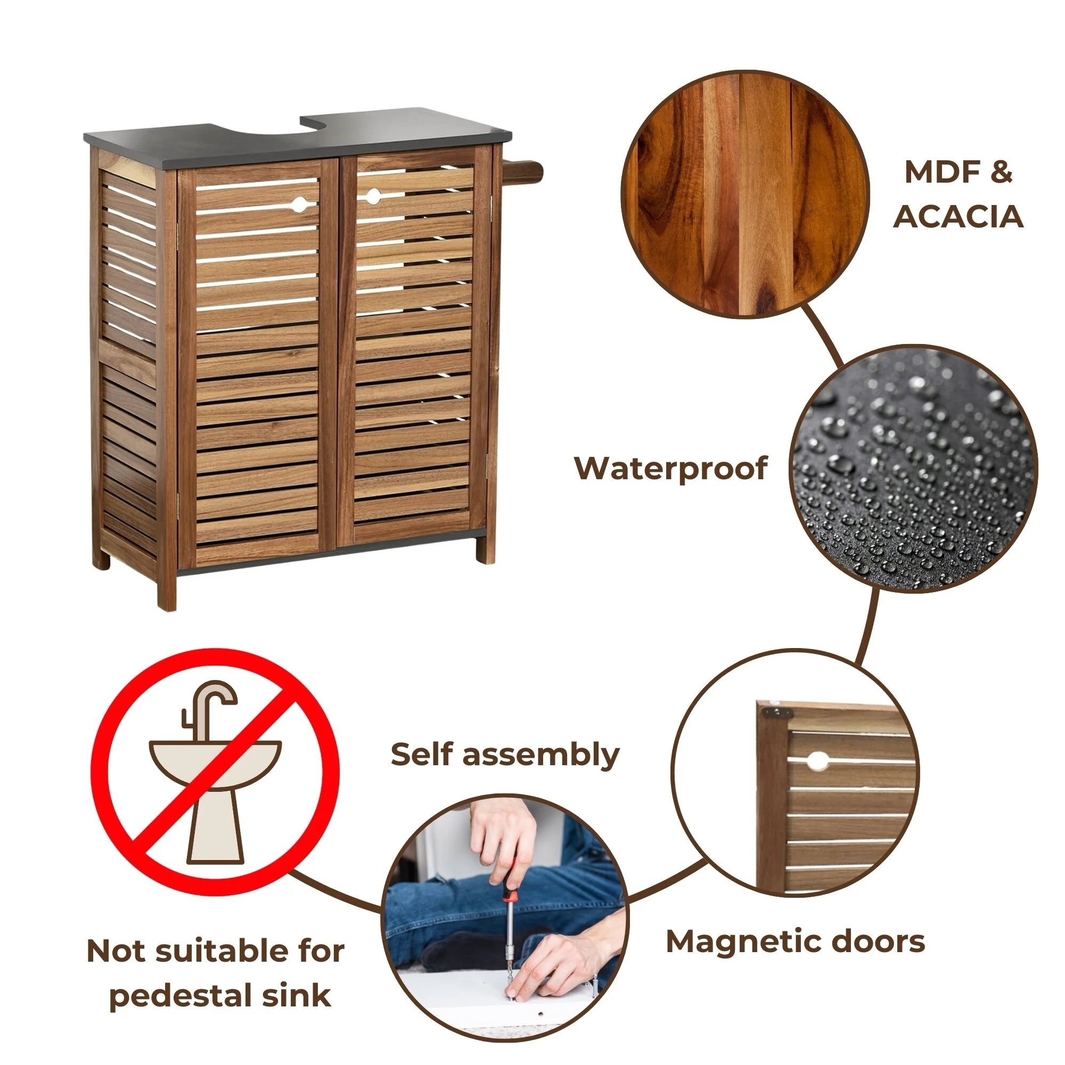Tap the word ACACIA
click(958, 217)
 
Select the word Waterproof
click(670, 469)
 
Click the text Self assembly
click(505, 755)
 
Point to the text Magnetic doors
click(796, 941)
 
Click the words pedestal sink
click(220, 996)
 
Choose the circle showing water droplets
click(913, 469)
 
